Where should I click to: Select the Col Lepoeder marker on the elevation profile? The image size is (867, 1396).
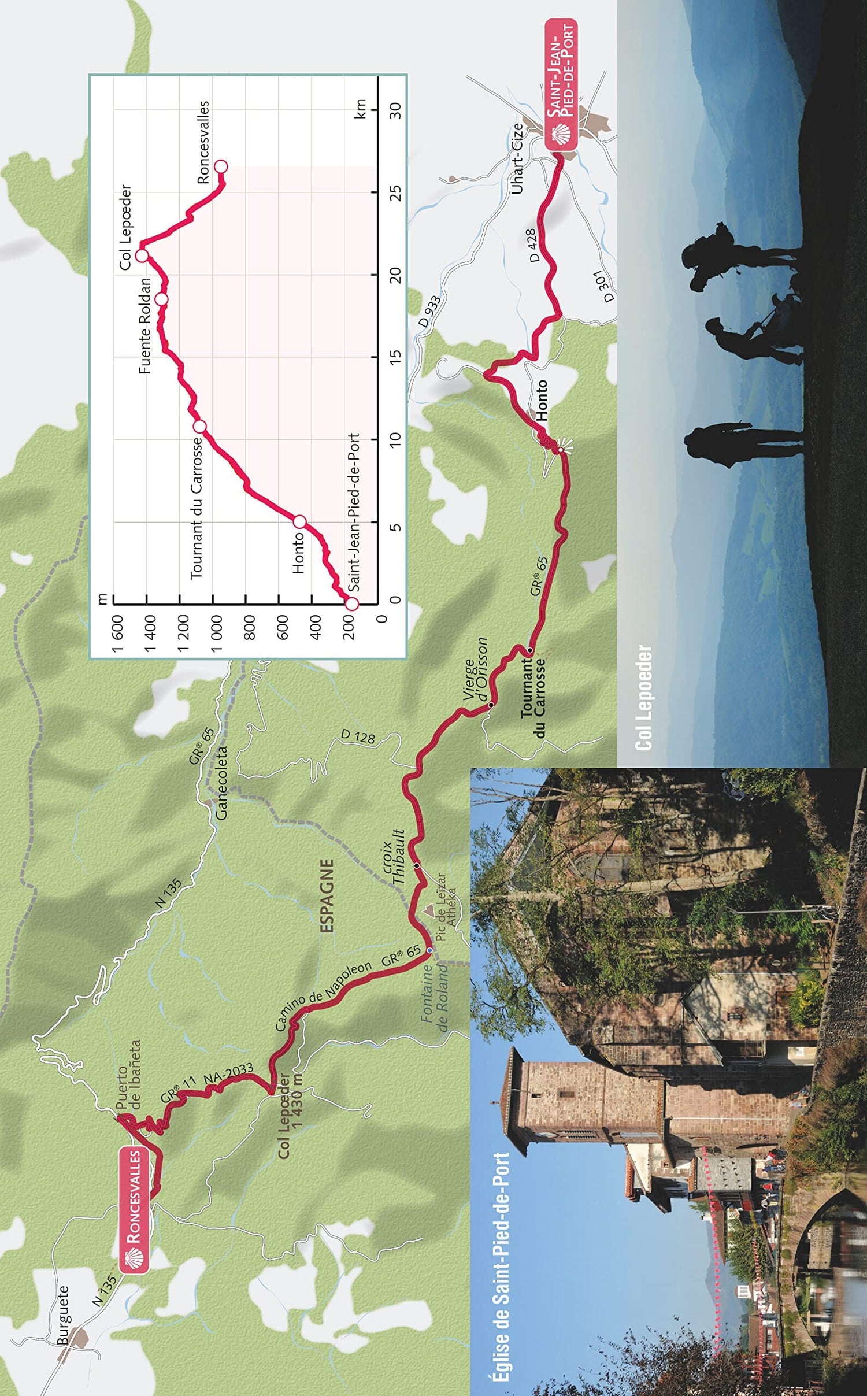click(142, 255)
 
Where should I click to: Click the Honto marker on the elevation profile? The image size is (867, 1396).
click(299, 522)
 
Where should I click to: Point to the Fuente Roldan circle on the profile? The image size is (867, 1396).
click(162, 299)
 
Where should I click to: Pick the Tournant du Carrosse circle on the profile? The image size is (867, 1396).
click(199, 427)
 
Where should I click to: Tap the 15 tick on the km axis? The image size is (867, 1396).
click(395, 357)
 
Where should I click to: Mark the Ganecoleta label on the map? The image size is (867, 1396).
click(221, 783)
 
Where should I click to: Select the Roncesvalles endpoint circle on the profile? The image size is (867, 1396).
click(221, 166)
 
